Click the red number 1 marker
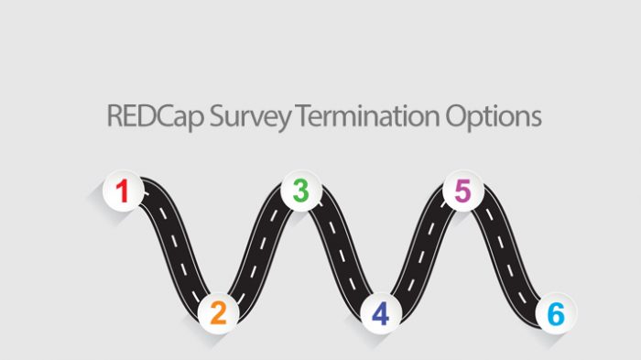122,191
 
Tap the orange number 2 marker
218,313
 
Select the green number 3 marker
300,191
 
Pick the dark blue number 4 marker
380,314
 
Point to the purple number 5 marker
462,191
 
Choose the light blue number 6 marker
556,314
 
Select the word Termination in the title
363,118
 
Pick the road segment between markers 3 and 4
340,252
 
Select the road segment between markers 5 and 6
509,252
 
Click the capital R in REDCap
114,118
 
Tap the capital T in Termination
294,118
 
